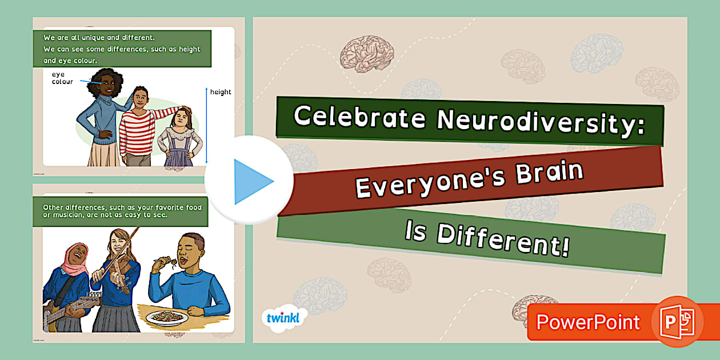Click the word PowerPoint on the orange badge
coord(588,322)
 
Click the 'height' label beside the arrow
coord(221,92)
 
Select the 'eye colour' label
coord(62,78)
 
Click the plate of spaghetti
coord(167,316)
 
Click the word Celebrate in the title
coord(360,117)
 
